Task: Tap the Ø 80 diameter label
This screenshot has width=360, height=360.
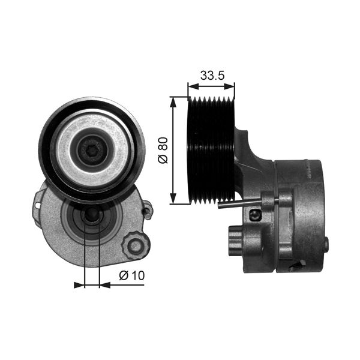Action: (x=161, y=149)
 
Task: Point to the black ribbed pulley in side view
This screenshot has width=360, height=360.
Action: (x=211, y=150)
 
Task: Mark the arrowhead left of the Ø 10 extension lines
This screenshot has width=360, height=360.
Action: (x=79, y=284)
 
